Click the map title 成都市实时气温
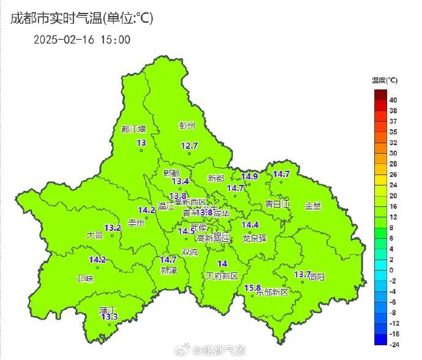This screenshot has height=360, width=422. click(x=57, y=18)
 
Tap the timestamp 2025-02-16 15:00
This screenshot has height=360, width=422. click(x=82, y=40)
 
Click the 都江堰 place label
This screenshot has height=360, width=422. click(x=134, y=129)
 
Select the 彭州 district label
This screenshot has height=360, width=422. click(x=187, y=126)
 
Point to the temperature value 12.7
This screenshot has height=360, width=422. click(x=190, y=146)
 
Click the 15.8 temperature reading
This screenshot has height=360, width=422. click(x=253, y=288)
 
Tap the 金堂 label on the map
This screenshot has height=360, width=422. click(x=313, y=206)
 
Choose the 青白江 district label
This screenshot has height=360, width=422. click(x=276, y=203)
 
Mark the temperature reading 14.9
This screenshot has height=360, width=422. click(x=250, y=177)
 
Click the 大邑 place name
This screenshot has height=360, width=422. click(x=94, y=234)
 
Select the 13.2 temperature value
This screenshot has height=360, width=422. click(x=113, y=228)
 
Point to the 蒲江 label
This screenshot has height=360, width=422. click(x=108, y=310)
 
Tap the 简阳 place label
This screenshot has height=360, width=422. click(x=317, y=277)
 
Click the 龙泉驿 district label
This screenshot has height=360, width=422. click(x=254, y=238)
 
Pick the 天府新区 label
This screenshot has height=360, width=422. click(x=221, y=276)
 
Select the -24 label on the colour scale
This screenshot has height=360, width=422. click(x=394, y=344)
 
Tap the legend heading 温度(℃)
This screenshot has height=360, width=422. click(x=385, y=80)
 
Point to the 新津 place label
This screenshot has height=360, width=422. click(x=168, y=270)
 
